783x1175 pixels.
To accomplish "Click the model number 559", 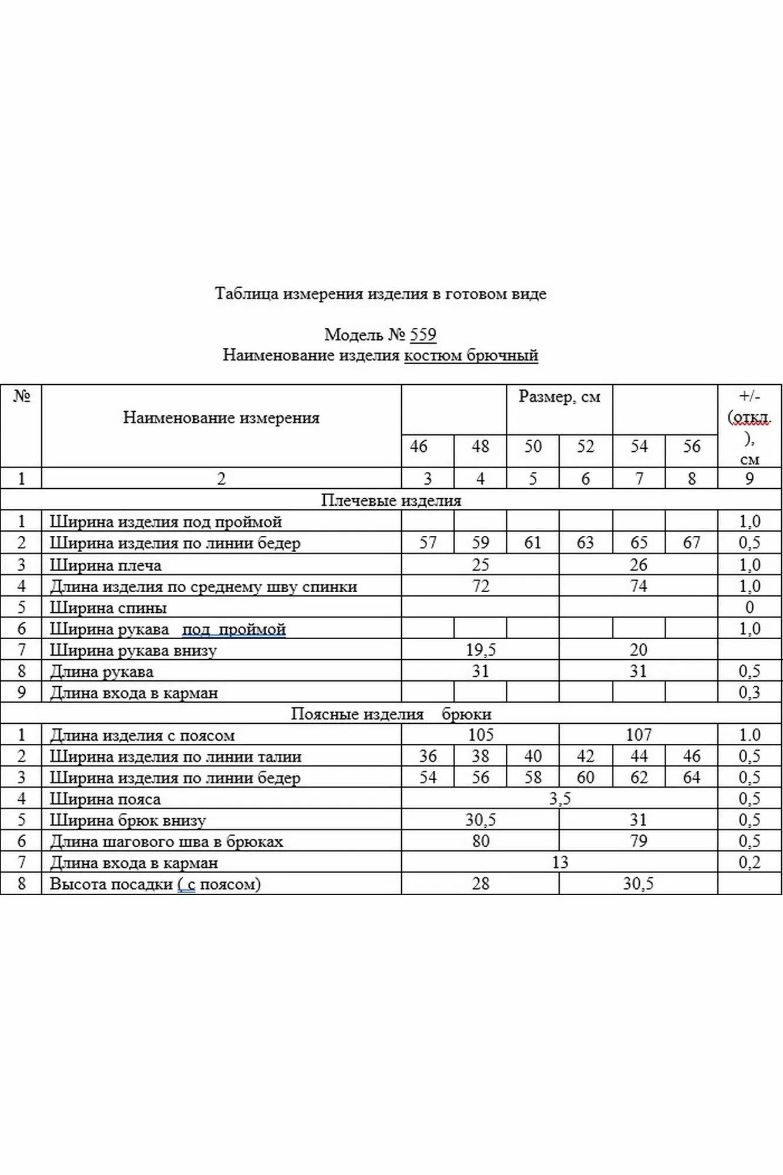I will (x=423, y=335).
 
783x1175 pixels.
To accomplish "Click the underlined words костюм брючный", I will (x=471, y=355).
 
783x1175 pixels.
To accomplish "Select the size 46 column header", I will (x=418, y=446).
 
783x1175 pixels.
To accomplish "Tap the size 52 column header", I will (x=585, y=446).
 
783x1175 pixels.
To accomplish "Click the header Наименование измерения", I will (x=221, y=418).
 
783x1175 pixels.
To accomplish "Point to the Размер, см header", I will (x=559, y=397).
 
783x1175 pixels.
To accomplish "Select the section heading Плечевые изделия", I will (x=391, y=501).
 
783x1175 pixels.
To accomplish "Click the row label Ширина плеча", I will (x=105, y=565).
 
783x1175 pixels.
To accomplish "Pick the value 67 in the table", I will (x=691, y=542).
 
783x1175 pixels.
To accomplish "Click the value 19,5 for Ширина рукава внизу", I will (x=480, y=650).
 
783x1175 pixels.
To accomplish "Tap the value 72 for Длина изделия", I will (x=480, y=586).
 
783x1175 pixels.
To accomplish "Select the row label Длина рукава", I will (x=102, y=672).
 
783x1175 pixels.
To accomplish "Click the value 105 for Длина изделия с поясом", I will (x=480, y=735).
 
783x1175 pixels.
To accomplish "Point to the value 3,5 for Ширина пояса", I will (x=559, y=799).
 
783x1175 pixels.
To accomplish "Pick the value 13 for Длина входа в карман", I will (x=560, y=862).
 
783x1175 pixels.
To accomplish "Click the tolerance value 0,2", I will (x=750, y=862).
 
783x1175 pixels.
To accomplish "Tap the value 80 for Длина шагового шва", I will (x=480, y=841).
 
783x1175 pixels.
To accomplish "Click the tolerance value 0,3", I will (x=750, y=693).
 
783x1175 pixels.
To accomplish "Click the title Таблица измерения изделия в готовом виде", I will (x=381, y=294).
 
